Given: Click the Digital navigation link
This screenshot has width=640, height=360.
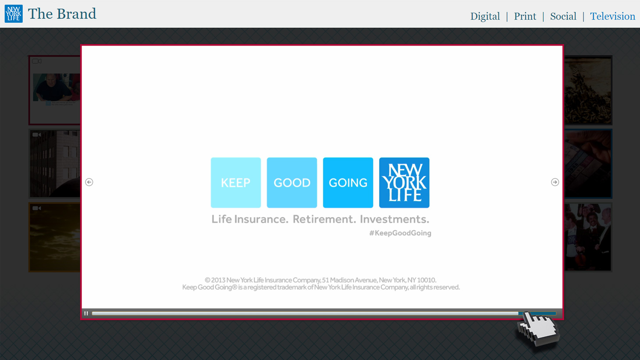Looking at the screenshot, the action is tap(485, 16).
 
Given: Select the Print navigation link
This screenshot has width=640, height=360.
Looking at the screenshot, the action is tap(525, 16).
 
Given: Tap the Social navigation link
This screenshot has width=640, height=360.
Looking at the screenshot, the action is tap(563, 16).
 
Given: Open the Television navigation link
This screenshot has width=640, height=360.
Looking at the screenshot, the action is tap(612, 16).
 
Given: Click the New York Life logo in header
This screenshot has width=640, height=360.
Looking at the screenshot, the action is tap(14, 14).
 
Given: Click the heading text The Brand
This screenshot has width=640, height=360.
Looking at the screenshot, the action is tap(62, 14).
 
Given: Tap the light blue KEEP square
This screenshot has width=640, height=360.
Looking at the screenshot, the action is tap(236, 182).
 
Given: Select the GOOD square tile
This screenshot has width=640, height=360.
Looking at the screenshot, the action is tap(292, 182).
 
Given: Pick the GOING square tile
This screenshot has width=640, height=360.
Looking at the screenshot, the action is tap(348, 182).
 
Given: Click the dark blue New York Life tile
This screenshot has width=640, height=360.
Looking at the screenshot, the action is tap(404, 182).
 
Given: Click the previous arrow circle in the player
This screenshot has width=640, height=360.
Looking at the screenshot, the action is tap(89, 182).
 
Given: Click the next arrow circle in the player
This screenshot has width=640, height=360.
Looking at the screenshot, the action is tap(555, 182).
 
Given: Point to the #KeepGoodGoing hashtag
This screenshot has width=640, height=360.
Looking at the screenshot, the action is tap(400, 233).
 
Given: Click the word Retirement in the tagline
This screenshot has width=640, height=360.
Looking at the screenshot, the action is tap(324, 219).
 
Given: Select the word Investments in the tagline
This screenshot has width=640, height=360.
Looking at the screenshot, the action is tap(394, 219).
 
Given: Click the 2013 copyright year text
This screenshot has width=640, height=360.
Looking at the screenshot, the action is tap(218, 280).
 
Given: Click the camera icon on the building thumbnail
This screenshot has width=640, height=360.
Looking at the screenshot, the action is tap(36, 135).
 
